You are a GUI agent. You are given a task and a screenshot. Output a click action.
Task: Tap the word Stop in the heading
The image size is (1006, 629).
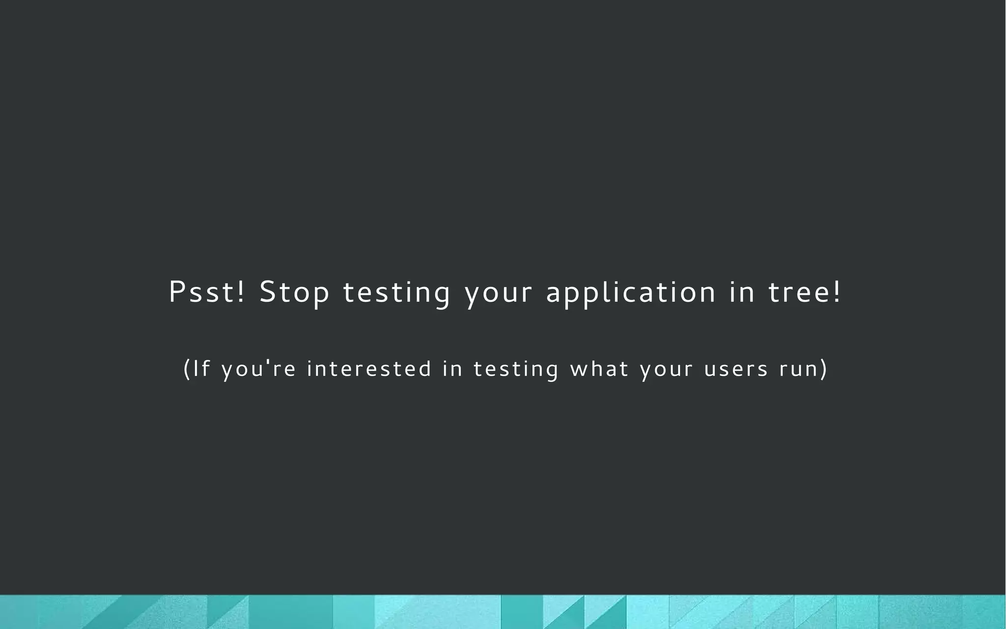pos(294,293)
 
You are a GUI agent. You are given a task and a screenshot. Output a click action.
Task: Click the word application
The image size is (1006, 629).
pos(631,293)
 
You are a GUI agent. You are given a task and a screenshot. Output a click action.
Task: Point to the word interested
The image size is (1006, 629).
pos(369,369)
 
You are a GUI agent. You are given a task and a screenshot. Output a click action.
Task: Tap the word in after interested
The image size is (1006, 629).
pos(452,369)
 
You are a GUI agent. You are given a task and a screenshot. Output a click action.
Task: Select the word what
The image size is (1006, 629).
pos(599,369)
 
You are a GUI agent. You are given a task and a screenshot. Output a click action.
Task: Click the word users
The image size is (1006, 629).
pos(736,369)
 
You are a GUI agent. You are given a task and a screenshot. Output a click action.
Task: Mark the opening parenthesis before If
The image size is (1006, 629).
pos(187,369)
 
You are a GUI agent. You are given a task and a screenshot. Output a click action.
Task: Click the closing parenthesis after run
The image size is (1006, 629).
pos(824,369)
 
